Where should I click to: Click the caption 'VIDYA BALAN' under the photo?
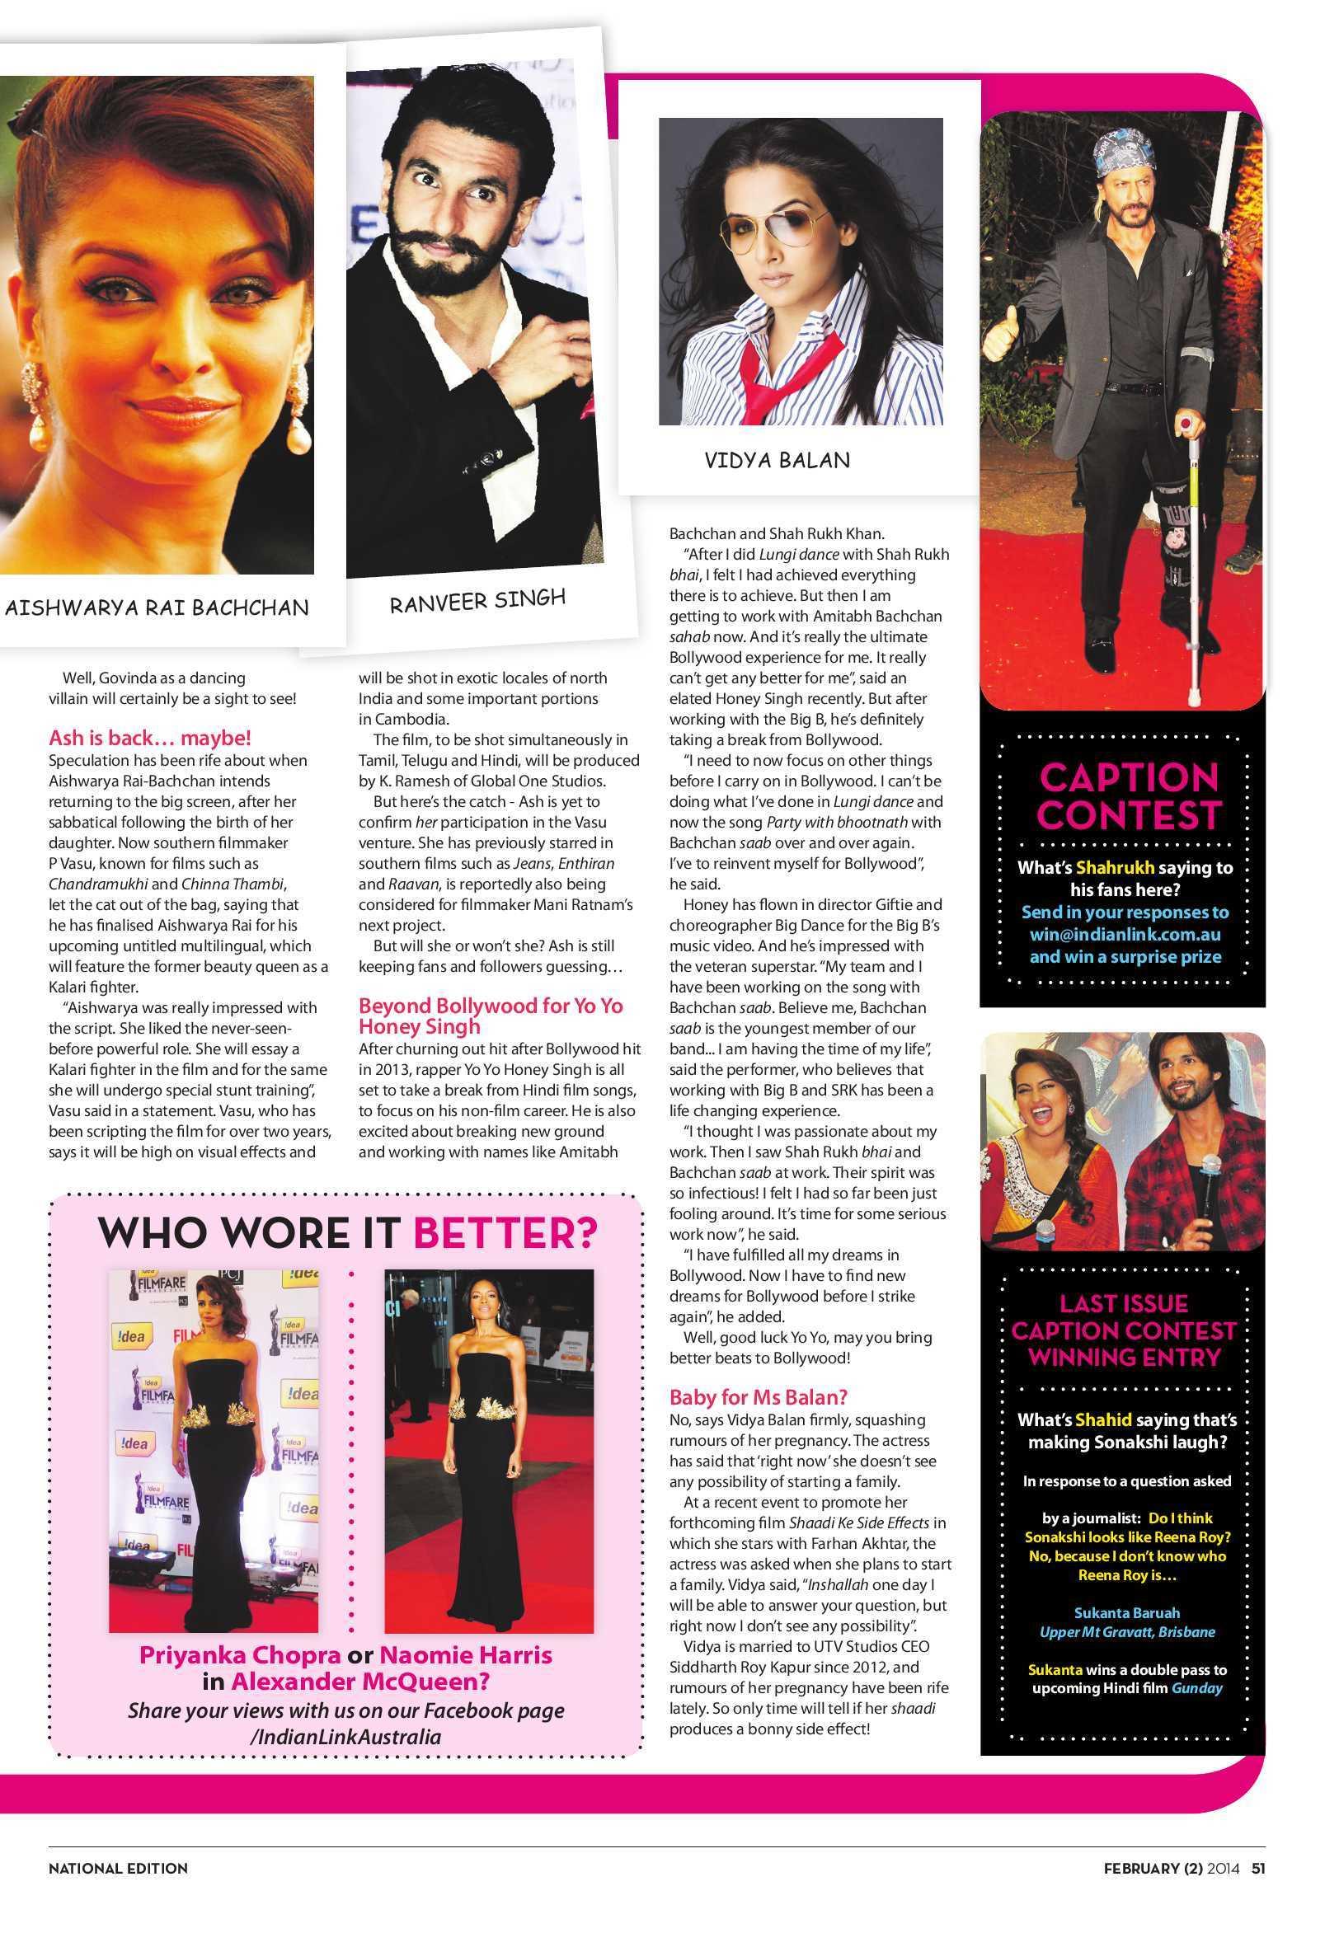pyautogui.click(x=777, y=459)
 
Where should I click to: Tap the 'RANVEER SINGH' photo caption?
pyautogui.click(x=477, y=599)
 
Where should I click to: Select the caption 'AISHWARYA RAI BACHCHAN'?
pyautogui.click(x=157, y=607)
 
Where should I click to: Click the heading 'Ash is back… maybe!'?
pyautogui.click(x=150, y=738)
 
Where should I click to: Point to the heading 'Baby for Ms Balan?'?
pyautogui.click(x=759, y=1397)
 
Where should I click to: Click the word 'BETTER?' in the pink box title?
pyautogui.click(x=506, y=1232)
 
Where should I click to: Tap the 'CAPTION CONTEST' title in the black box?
pyautogui.click(x=1129, y=795)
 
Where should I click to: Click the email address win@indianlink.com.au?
pyautogui.click(x=1125, y=935)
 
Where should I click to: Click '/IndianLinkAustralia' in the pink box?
pyautogui.click(x=345, y=1736)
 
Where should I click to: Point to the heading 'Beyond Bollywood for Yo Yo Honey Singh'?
pyautogui.click(x=491, y=1016)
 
